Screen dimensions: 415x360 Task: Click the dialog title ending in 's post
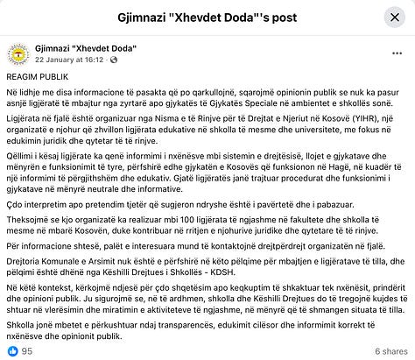(207, 18)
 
